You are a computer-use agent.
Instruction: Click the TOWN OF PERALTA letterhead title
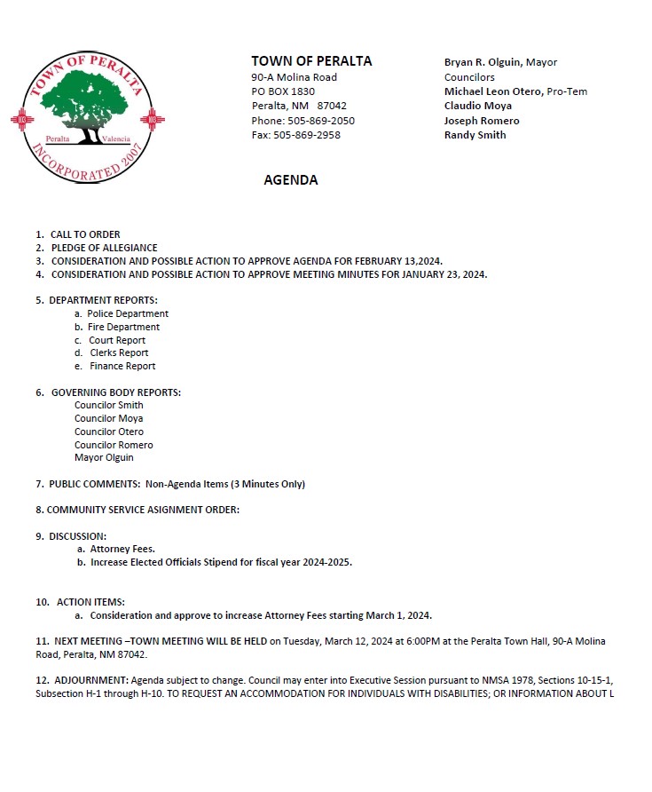pyautogui.click(x=311, y=61)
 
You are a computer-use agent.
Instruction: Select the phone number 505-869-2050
pyautogui.click(x=318, y=121)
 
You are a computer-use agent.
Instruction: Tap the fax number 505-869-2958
pyautogui.click(x=307, y=135)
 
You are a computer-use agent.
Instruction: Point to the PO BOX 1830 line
pyautogui.click(x=283, y=91)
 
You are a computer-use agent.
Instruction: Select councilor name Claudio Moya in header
pyautogui.click(x=478, y=106)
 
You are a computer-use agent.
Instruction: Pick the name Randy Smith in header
pyautogui.click(x=475, y=135)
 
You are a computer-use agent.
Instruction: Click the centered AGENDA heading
pyautogui.click(x=291, y=180)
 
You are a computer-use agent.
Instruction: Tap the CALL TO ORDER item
pyautogui.click(x=85, y=234)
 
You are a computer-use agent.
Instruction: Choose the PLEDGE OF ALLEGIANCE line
pyautogui.click(x=104, y=248)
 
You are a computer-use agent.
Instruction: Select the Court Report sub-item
pyautogui.click(x=117, y=340)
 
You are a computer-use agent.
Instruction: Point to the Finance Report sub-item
pyautogui.click(x=122, y=366)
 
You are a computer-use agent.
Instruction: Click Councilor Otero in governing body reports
pyautogui.click(x=109, y=432)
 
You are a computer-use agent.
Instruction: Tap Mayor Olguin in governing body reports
pyautogui.click(x=104, y=458)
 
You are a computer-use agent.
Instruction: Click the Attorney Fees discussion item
pyautogui.click(x=122, y=550)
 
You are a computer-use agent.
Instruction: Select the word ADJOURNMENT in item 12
pyautogui.click(x=90, y=679)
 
